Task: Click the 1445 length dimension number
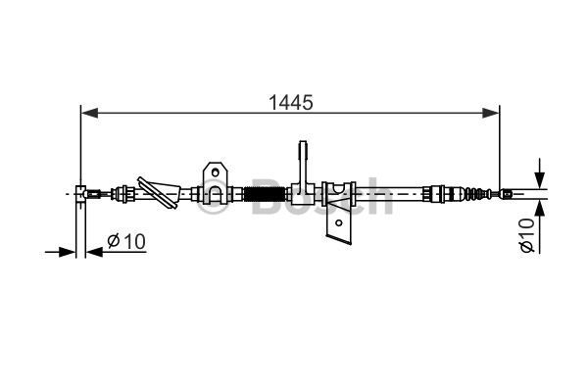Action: pyautogui.click(x=291, y=102)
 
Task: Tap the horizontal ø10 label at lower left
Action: pyautogui.click(x=126, y=241)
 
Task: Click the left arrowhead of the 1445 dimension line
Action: pyautogui.click(x=89, y=113)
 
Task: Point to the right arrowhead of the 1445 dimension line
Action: pyautogui.click(x=491, y=113)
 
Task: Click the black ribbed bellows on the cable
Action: pyautogui.click(x=265, y=194)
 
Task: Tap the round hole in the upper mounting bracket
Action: pyautogui.click(x=215, y=172)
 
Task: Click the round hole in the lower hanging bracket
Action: pyautogui.click(x=339, y=222)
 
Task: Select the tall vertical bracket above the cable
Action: pyautogui.click(x=303, y=167)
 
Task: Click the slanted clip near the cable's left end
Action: pyautogui.click(x=158, y=192)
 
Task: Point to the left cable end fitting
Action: pyautogui.click(x=93, y=194)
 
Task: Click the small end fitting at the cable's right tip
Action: pyautogui.click(x=507, y=194)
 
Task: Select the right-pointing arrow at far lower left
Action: pyautogui.click(x=60, y=252)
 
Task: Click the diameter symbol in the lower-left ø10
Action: pyautogui.click(x=114, y=241)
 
